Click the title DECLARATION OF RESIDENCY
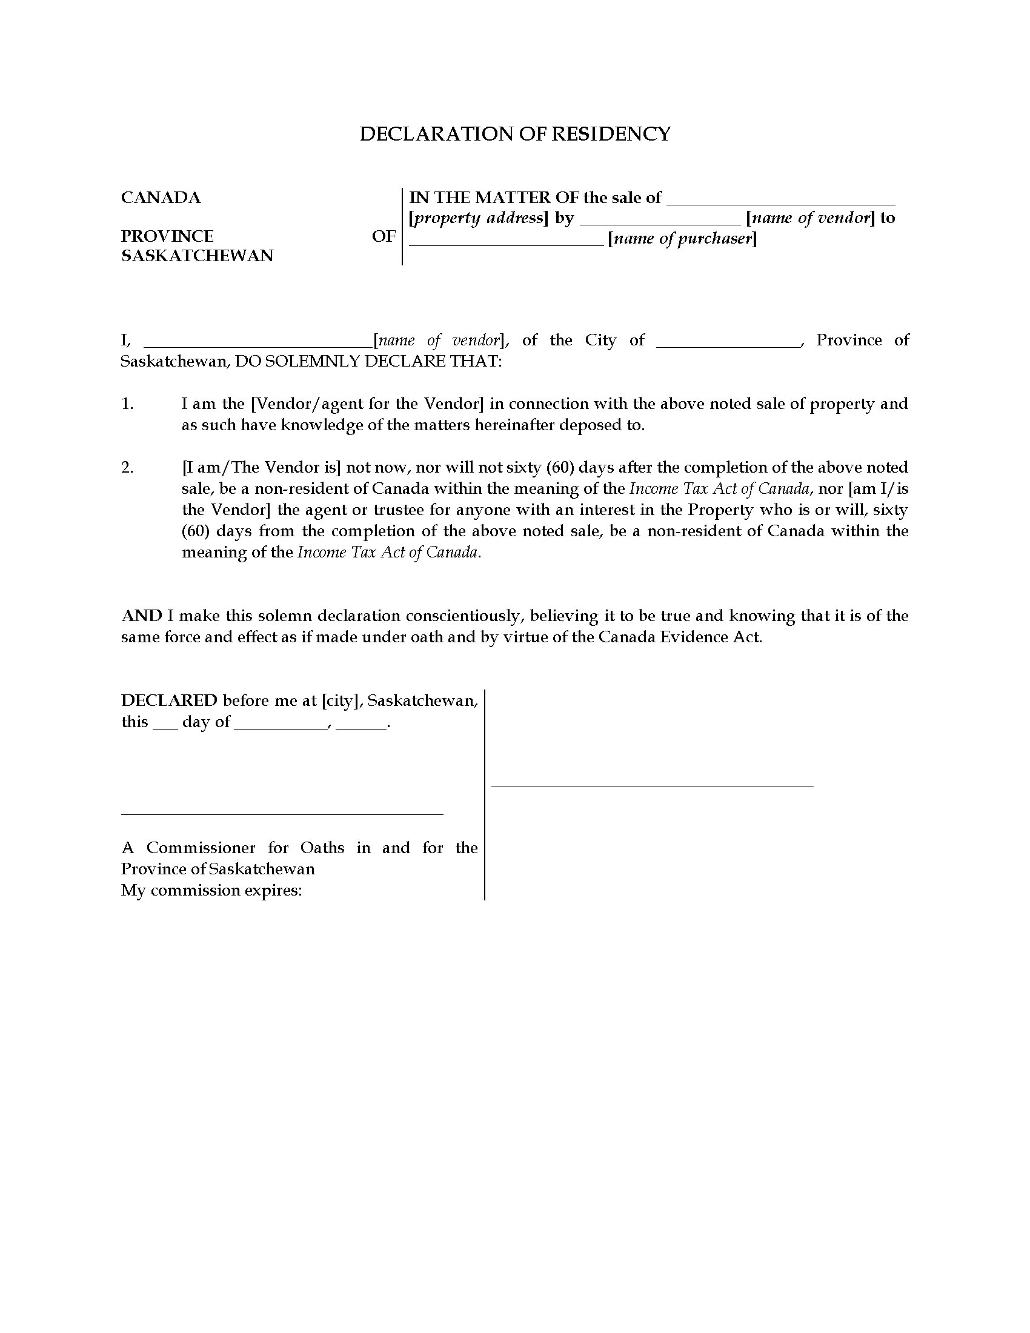[x=514, y=134]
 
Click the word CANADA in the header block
[x=161, y=198]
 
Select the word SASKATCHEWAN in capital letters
[x=197, y=256]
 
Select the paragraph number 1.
[x=127, y=404]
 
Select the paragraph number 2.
[x=127, y=468]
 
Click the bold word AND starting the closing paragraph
[x=142, y=616]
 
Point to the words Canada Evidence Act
[x=679, y=637]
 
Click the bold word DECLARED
[x=169, y=700]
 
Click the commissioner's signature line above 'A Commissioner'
[x=282, y=814]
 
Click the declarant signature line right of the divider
[x=653, y=785]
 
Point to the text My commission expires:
[x=211, y=891]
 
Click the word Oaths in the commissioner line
[x=322, y=848]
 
